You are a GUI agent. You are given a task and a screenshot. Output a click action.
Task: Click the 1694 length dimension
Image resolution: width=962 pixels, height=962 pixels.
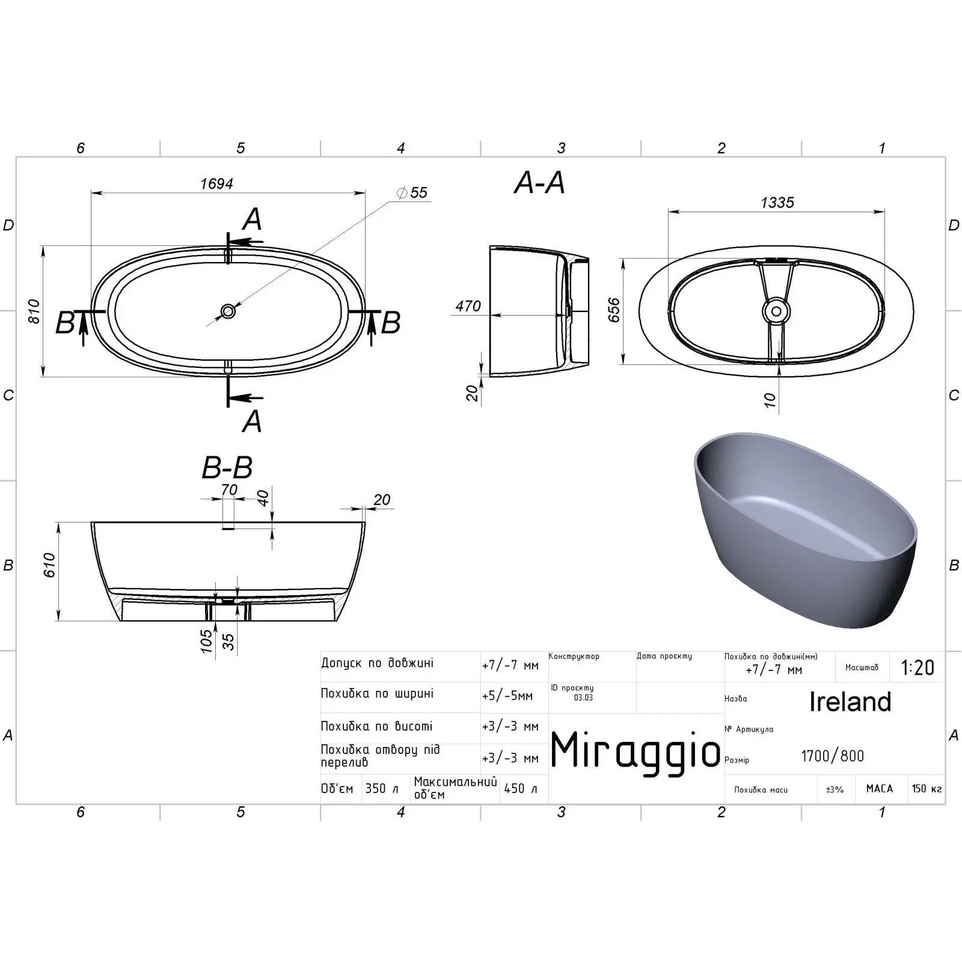pos(216,183)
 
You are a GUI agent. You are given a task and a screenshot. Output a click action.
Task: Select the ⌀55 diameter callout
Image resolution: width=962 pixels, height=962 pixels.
pos(412,192)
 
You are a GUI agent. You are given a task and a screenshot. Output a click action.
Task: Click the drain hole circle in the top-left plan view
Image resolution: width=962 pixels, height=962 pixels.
pos(228,311)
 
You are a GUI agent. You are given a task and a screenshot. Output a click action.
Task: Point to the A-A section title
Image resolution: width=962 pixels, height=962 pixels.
pos(539,182)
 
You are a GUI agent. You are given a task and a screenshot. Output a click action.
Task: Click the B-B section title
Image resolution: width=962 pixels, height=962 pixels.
pos(227,467)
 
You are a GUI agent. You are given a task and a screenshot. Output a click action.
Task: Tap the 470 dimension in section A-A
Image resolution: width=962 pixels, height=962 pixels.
pos(468,306)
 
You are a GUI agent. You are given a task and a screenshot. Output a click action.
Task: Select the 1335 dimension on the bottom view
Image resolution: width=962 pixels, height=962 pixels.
pos(777,203)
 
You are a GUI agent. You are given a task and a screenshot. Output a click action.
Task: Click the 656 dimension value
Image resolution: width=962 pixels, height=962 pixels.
pos(614,310)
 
